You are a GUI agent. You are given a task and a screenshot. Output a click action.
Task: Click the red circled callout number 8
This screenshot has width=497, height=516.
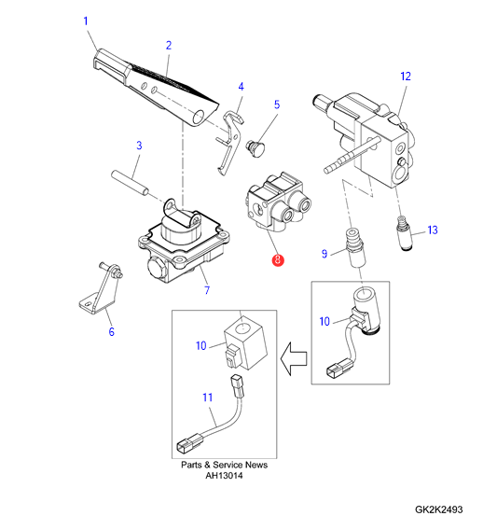278,259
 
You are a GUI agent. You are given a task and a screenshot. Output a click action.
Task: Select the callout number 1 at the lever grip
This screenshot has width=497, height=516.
86,21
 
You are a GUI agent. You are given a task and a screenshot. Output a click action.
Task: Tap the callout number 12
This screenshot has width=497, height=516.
406,77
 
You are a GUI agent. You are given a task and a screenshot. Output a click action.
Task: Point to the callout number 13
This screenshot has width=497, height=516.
433,230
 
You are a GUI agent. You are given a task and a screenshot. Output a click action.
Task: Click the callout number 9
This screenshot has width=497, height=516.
324,254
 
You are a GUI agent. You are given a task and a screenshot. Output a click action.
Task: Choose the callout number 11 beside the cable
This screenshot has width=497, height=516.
207,397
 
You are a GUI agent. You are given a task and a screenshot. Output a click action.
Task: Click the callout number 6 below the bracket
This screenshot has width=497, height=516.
112,331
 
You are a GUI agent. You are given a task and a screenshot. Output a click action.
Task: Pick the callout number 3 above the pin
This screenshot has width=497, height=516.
139,146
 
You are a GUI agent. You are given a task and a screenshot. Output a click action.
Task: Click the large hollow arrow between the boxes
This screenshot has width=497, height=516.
294,358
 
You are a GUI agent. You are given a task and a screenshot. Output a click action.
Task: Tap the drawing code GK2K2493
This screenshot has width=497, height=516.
439,509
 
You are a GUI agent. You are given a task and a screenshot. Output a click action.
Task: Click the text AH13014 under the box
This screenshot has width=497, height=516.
224,476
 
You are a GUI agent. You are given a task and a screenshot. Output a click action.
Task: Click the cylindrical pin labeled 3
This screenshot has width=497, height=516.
131,183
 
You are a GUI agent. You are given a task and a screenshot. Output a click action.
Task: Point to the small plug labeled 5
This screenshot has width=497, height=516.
255,148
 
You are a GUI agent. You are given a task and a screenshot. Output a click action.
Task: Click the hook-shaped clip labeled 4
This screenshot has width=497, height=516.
230,142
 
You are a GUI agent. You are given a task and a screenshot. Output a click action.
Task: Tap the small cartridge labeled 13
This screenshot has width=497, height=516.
404,233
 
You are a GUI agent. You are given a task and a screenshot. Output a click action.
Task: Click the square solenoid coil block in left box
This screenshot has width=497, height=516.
244,345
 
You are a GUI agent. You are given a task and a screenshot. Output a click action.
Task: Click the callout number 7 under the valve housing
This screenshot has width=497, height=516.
207,290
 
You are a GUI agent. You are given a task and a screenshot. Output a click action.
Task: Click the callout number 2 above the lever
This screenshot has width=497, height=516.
169,46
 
